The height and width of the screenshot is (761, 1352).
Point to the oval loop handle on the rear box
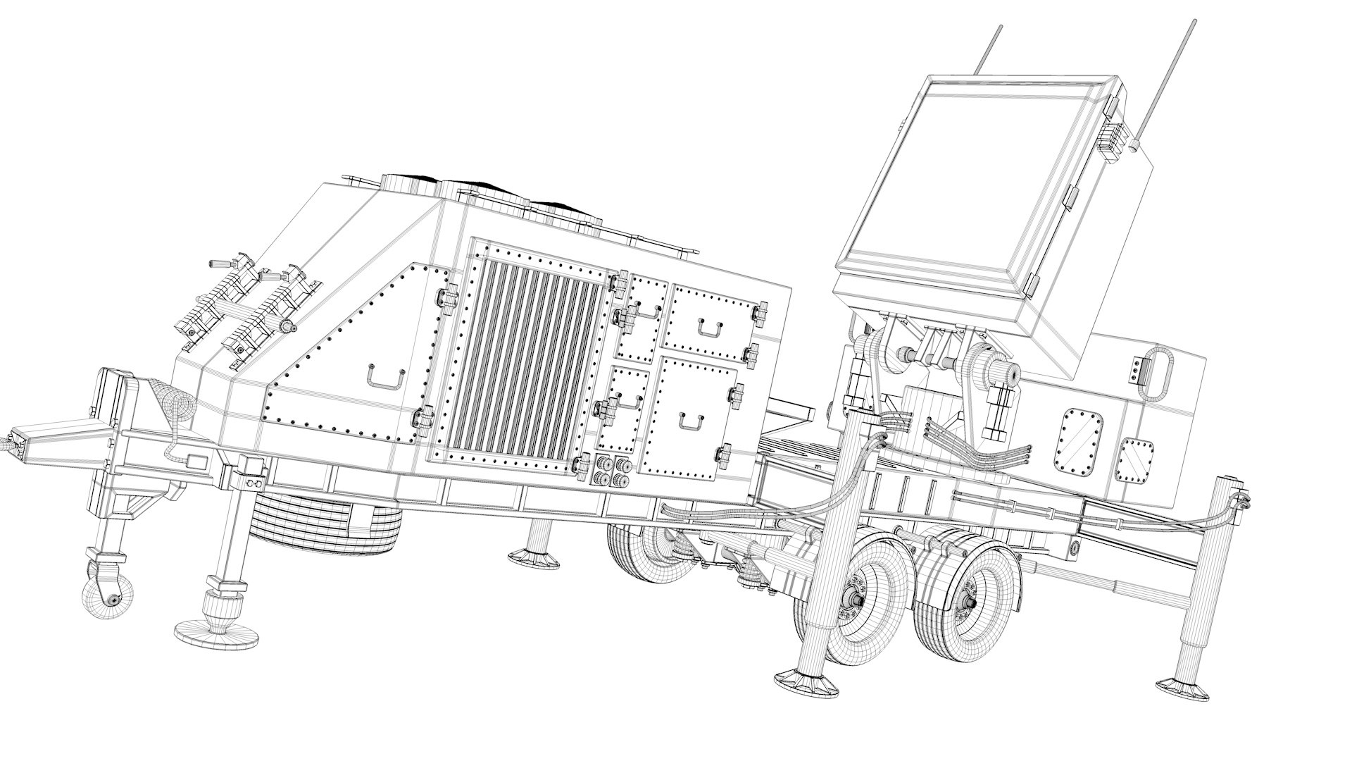1159,373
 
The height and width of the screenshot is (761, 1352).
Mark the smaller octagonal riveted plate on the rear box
1136,462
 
